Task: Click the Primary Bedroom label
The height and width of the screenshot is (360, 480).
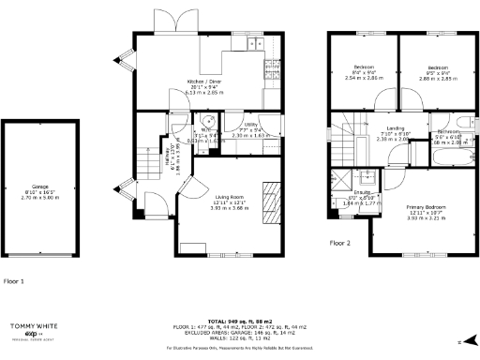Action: (426, 205)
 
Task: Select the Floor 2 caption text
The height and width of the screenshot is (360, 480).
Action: (339, 242)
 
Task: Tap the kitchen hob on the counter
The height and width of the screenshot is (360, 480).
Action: (250, 44)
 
